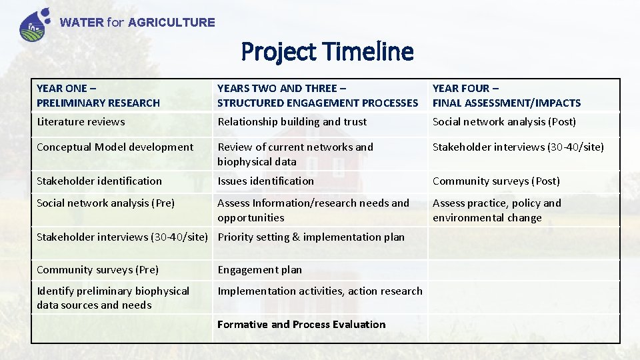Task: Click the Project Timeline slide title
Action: [x=327, y=51]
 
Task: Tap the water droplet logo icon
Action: [x=35, y=24]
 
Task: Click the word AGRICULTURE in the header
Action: [x=171, y=23]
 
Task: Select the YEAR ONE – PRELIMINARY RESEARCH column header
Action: [x=99, y=95]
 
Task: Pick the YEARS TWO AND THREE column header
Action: [x=317, y=95]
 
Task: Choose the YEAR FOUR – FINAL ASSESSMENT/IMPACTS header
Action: [x=507, y=95]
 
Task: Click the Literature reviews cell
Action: [x=81, y=122]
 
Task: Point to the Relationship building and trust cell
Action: [x=292, y=122]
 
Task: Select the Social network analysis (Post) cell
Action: [x=504, y=122]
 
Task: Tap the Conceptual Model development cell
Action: [x=115, y=147]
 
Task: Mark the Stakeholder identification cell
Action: [x=99, y=181]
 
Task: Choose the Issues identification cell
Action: [x=265, y=181]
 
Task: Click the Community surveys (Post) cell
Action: [x=496, y=181]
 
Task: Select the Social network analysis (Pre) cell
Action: [x=105, y=203]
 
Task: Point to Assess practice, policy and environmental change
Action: [x=497, y=211]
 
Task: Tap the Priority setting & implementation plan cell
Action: [x=311, y=237]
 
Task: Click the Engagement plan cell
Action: [x=259, y=270]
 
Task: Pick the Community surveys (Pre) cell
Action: [x=97, y=270]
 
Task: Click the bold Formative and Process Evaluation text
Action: [x=301, y=325]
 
